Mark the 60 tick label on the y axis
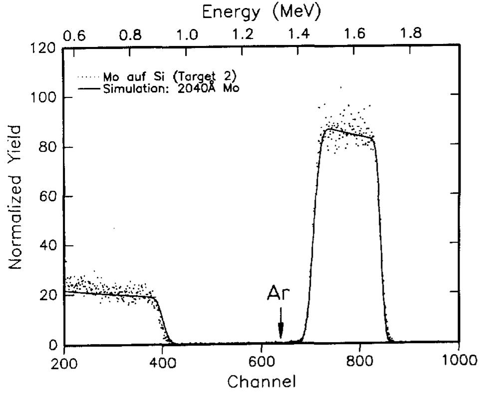coord(46,196)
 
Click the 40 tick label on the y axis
coord(46,246)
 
